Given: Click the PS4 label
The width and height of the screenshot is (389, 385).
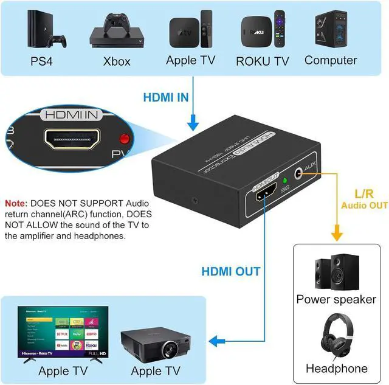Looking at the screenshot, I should coord(44,61).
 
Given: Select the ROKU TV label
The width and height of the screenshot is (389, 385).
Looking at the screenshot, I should coord(263,60).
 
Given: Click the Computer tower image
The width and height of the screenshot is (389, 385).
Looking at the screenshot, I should coord(330,29).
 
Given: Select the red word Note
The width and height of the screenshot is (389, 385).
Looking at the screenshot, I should coord(16,203).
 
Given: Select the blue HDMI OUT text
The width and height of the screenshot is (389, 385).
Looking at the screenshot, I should coord(231,271).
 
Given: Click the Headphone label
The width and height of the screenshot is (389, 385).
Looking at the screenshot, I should coord(336,369).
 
